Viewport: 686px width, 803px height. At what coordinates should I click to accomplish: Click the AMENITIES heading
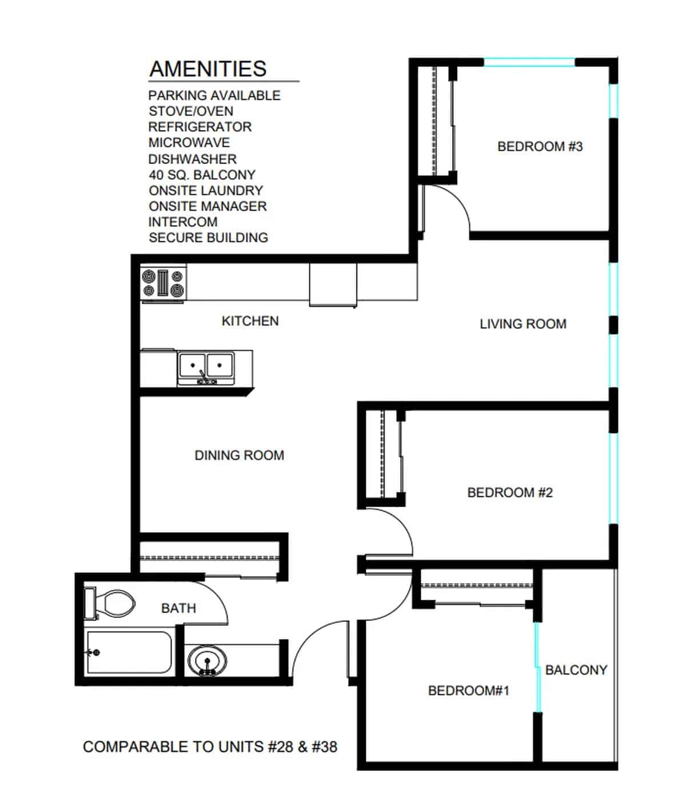(x=208, y=69)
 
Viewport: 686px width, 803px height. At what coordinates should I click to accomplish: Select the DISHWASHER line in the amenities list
(x=192, y=159)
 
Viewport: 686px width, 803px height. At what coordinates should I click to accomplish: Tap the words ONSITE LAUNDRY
(x=206, y=190)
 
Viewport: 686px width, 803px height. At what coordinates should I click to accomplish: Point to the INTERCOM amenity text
(x=183, y=222)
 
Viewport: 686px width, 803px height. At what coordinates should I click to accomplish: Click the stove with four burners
(x=163, y=283)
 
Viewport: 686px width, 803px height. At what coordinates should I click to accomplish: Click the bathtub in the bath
(x=129, y=652)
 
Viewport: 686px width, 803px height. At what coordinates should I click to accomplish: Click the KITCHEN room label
(x=250, y=321)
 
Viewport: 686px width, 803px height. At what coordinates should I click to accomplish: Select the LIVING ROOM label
(x=523, y=324)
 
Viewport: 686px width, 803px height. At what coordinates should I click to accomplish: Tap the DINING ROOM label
(x=239, y=455)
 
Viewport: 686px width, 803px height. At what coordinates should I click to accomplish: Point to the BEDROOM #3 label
(x=540, y=147)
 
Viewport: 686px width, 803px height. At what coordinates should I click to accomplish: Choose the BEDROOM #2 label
(x=510, y=492)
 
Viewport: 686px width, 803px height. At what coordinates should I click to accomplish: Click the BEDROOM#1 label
(x=468, y=690)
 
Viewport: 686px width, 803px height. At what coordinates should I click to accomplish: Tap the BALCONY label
(x=576, y=670)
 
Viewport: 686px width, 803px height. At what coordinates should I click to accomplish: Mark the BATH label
(x=178, y=608)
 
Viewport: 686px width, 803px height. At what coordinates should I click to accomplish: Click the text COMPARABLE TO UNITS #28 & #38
(x=210, y=746)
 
